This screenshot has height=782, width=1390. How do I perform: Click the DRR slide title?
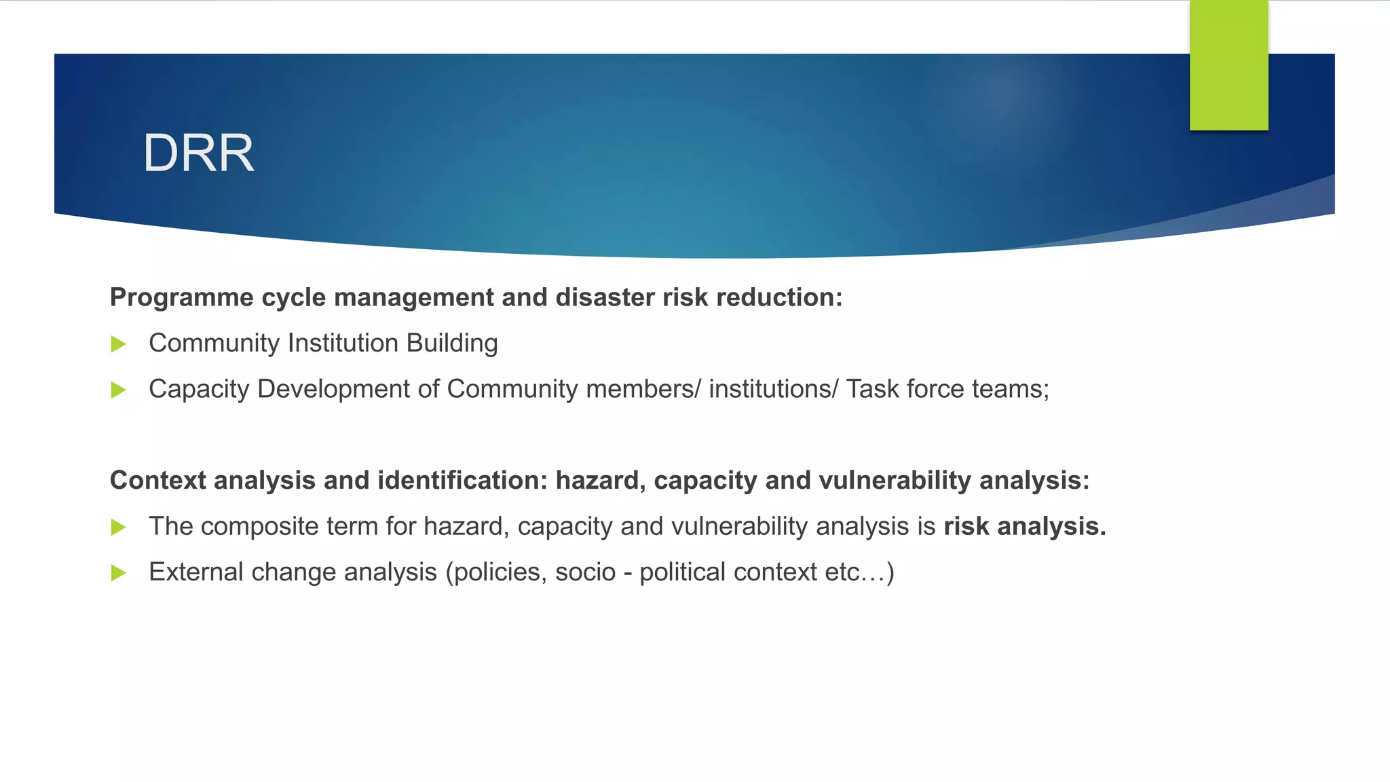198,153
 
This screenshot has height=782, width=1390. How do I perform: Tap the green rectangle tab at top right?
1228,65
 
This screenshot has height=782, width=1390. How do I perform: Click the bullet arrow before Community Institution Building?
119,344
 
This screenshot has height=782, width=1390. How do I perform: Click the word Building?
452,343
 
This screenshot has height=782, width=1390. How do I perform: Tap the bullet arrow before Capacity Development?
119,390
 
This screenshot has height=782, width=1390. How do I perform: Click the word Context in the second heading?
157,481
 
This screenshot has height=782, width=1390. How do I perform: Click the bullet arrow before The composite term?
119,527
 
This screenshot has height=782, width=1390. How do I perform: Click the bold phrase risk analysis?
1024,527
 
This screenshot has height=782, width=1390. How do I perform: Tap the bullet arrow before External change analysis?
119,573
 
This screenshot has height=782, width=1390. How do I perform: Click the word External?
196,572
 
